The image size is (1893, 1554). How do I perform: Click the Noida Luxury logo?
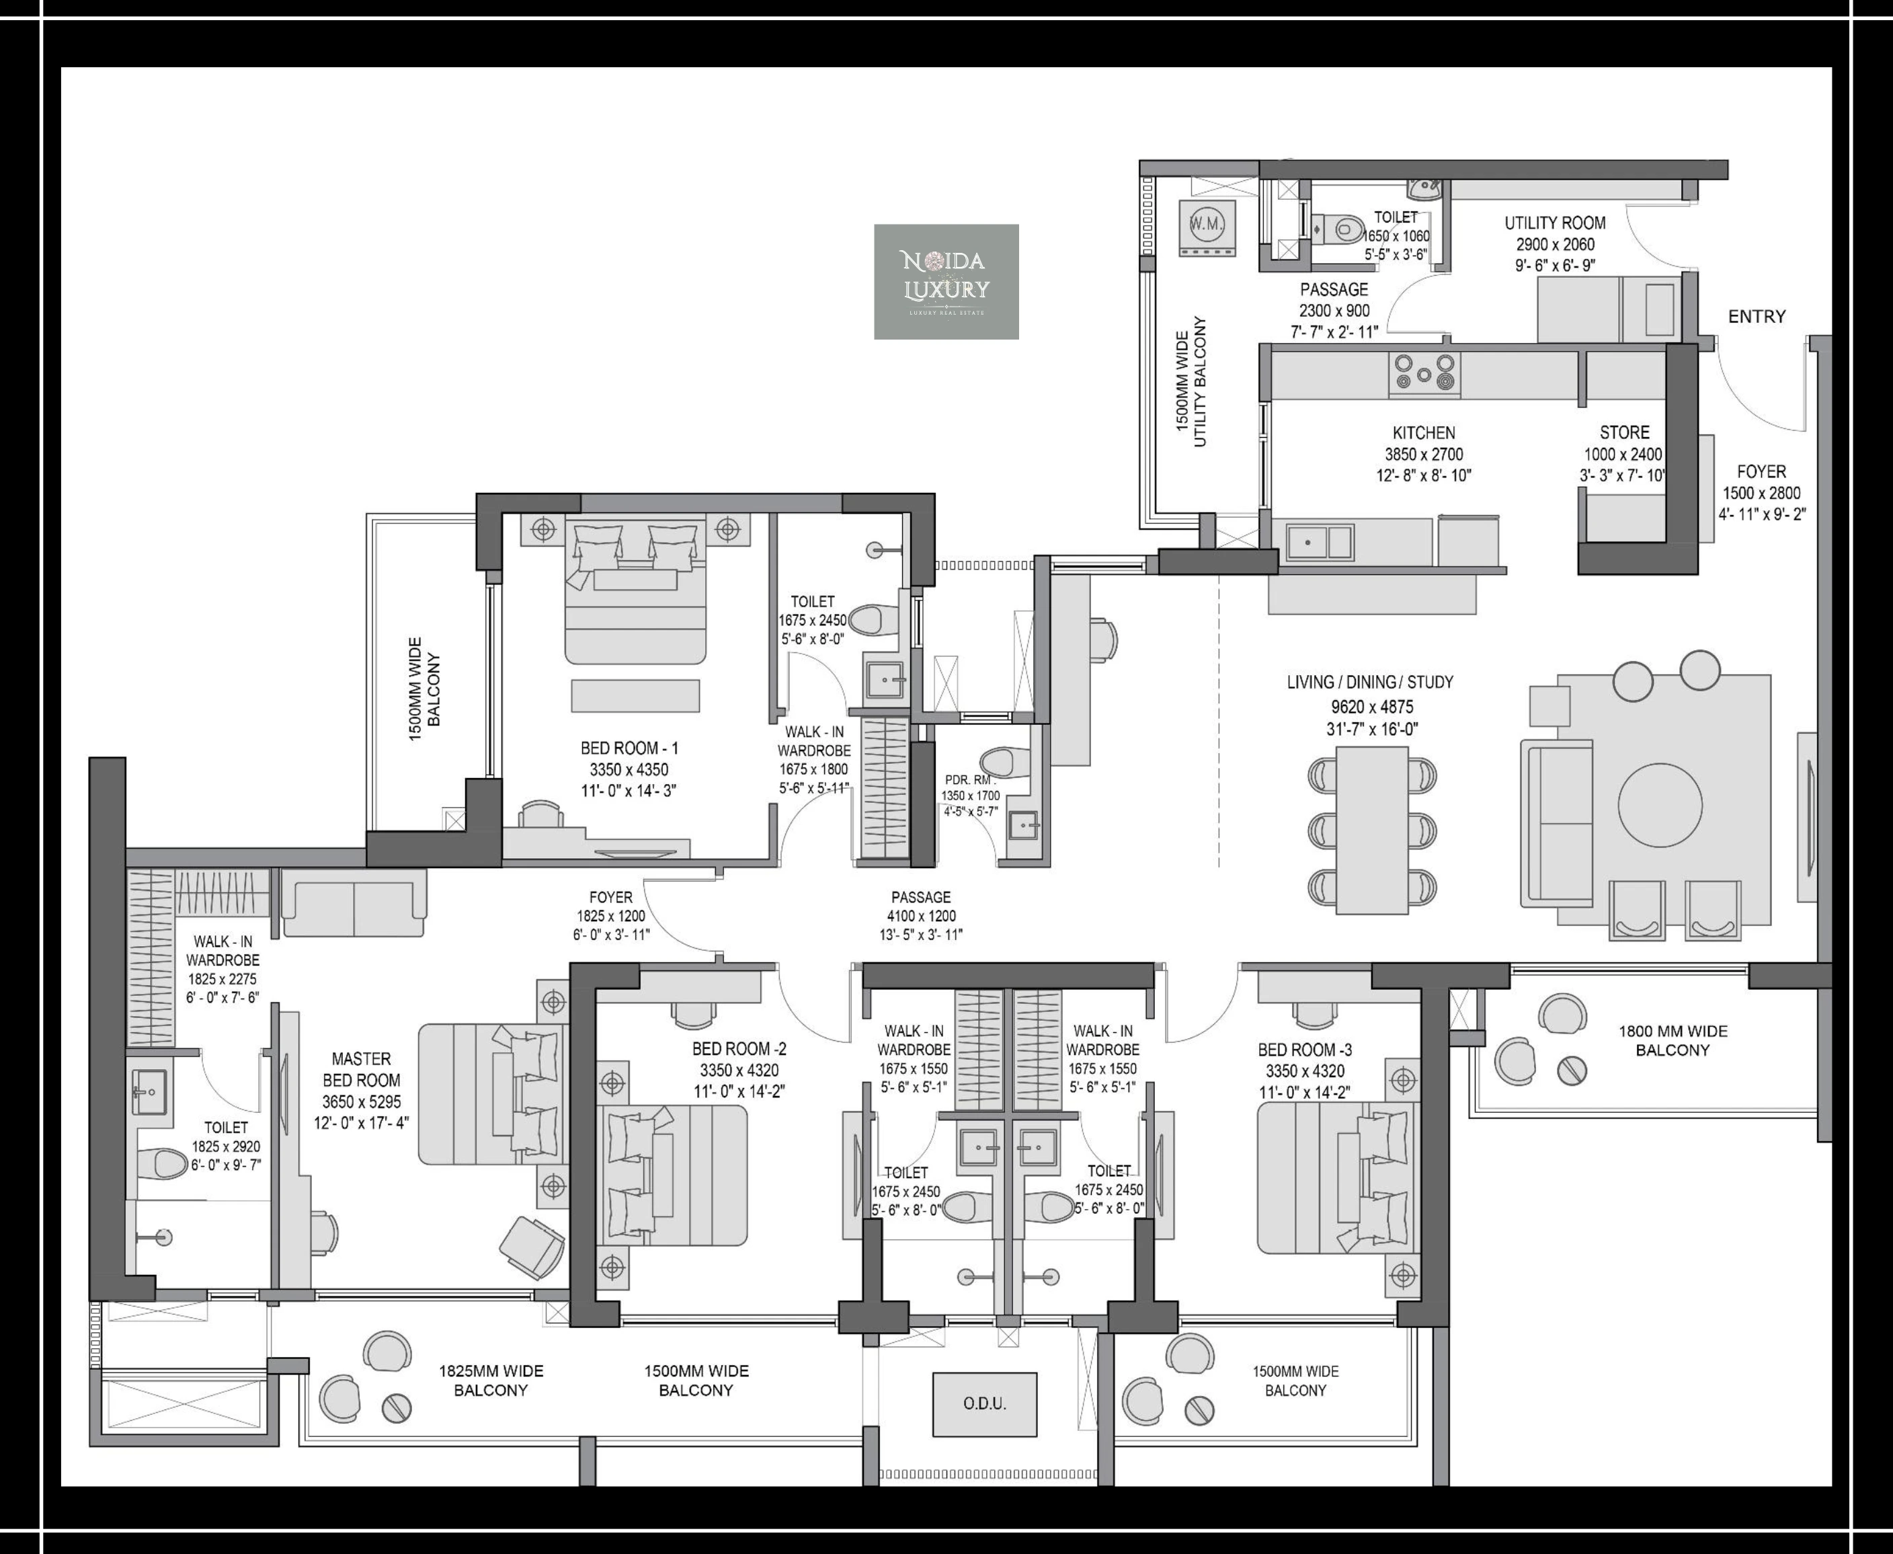946,281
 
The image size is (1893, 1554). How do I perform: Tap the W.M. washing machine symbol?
1207,228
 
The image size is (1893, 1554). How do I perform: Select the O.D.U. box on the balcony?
985,1403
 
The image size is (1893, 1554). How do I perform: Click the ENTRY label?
1756,316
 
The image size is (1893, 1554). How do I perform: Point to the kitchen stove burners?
1424,373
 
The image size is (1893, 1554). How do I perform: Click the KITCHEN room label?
1424,432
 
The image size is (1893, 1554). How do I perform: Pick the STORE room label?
1625,432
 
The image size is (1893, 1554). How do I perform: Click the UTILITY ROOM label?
1555,223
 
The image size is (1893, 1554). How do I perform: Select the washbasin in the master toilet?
149,1092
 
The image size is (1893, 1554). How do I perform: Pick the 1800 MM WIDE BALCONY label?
1673,1040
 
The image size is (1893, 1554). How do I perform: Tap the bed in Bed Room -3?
1338,1178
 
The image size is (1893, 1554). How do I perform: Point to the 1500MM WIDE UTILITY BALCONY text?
1191,381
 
